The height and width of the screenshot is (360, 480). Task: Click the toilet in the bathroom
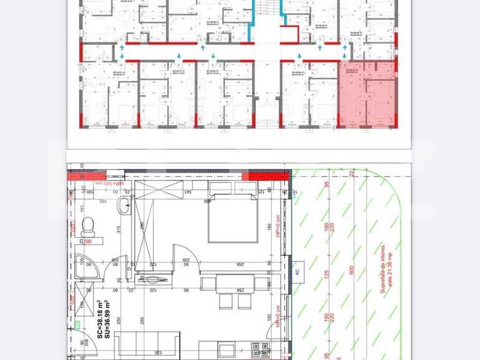(x=87, y=225)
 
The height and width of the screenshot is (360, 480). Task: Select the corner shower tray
(x=88, y=266)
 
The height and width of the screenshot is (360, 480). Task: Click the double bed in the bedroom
(x=233, y=218)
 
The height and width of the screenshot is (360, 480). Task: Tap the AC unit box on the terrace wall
(x=297, y=272)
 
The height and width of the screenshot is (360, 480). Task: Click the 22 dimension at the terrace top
(x=352, y=173)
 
